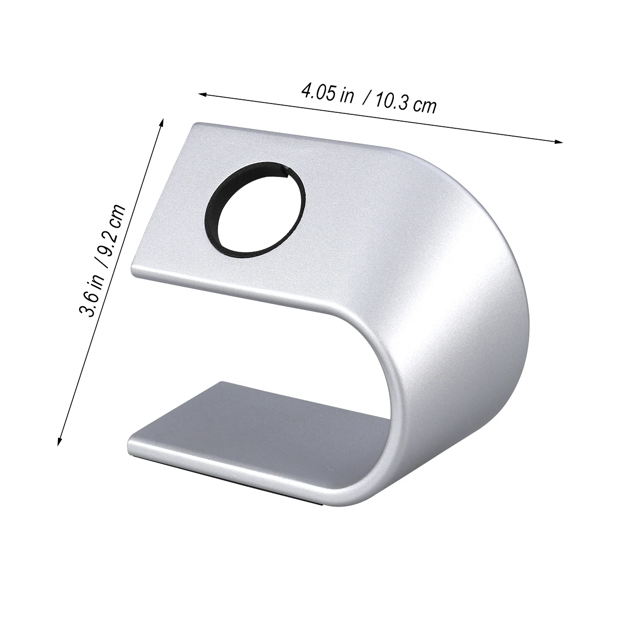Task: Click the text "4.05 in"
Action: click(x=327, y=94)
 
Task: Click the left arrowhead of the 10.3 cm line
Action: click(x=203, y=94)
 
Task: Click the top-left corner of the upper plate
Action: click(x=195, y=125)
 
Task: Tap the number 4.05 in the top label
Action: click(x=316, y=93)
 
